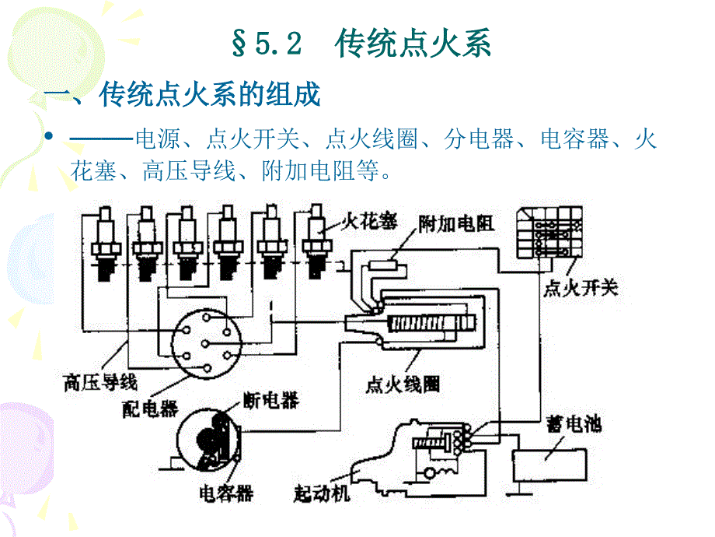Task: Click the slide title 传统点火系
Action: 413,44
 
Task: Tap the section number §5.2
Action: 266,44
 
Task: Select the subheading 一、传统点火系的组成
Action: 182,96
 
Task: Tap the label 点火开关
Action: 580,289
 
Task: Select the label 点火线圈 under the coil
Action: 403,384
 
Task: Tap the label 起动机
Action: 322,493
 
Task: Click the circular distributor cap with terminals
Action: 204,343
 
